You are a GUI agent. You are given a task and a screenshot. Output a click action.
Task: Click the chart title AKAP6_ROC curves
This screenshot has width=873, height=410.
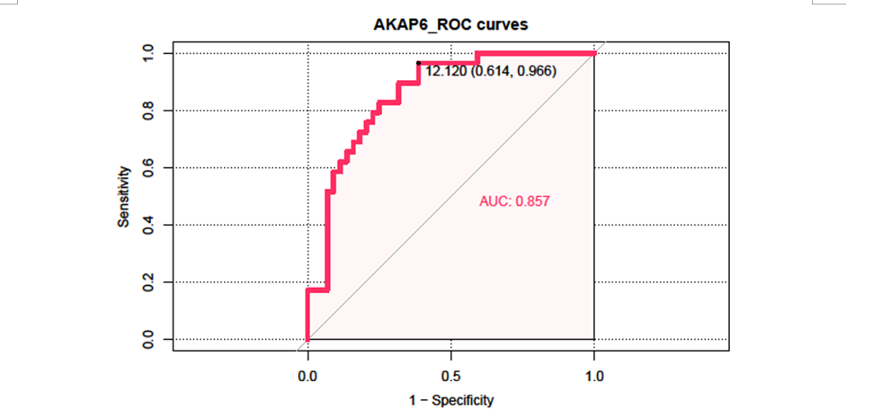pos(450,24)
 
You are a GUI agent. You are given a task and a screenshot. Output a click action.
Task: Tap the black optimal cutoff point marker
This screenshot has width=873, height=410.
pos(418,63)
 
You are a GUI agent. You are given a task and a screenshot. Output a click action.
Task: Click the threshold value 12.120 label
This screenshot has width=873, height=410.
pos(446,71)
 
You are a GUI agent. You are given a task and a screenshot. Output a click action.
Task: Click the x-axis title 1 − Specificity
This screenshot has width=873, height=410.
pos(450,399)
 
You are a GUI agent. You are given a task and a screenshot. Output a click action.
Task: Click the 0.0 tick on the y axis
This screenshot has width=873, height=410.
pos(149,340)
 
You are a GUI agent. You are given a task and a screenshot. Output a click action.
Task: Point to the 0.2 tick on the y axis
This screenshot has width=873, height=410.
pos(149,282)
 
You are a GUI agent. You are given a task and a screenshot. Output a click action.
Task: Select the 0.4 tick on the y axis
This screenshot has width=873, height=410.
pos(149,225)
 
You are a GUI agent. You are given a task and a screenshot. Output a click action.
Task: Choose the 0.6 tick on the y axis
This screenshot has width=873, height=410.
pos(149,167)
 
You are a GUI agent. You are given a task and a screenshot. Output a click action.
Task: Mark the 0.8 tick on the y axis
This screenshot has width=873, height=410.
pos(149,111)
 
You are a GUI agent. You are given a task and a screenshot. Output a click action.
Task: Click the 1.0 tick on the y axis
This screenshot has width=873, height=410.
pos(149,53)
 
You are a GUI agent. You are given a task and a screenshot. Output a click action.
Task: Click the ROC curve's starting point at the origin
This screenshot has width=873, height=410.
pos(308,339)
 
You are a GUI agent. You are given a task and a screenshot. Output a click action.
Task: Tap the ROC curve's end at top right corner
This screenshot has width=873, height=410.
pos(593,53)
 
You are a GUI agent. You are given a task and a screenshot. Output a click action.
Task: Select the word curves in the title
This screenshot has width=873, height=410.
pos(503,24)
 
